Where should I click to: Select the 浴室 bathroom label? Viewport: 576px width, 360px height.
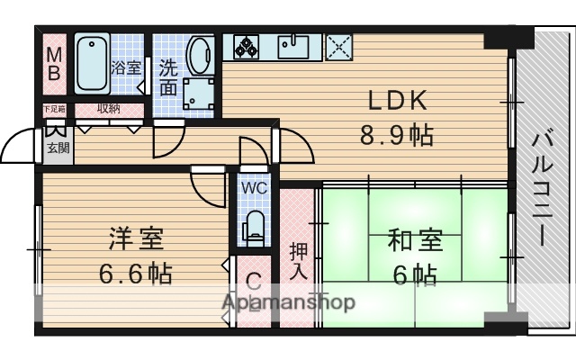pyautogui.click(x=124, y=67)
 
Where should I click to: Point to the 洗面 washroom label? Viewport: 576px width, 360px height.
pyautogui.click(x=169, y=76)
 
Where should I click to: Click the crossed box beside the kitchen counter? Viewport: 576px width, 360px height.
pyautogui.click(x=338, y=45)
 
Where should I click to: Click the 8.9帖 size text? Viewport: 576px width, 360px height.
pyautogui.click(x=396, y=135)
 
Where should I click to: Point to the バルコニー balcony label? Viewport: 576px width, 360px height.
pyautogui.click(x=543, y=189)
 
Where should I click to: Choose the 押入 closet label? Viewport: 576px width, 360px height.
pyautogui.click(x=298, y=259)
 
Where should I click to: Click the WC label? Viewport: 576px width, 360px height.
pyautogui.click(x=253, y=190)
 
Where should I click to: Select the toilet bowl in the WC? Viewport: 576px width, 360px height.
pyautogui.click(x=254, y=228)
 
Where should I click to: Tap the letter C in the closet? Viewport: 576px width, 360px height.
pyautogui.click(x=253, y=279)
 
